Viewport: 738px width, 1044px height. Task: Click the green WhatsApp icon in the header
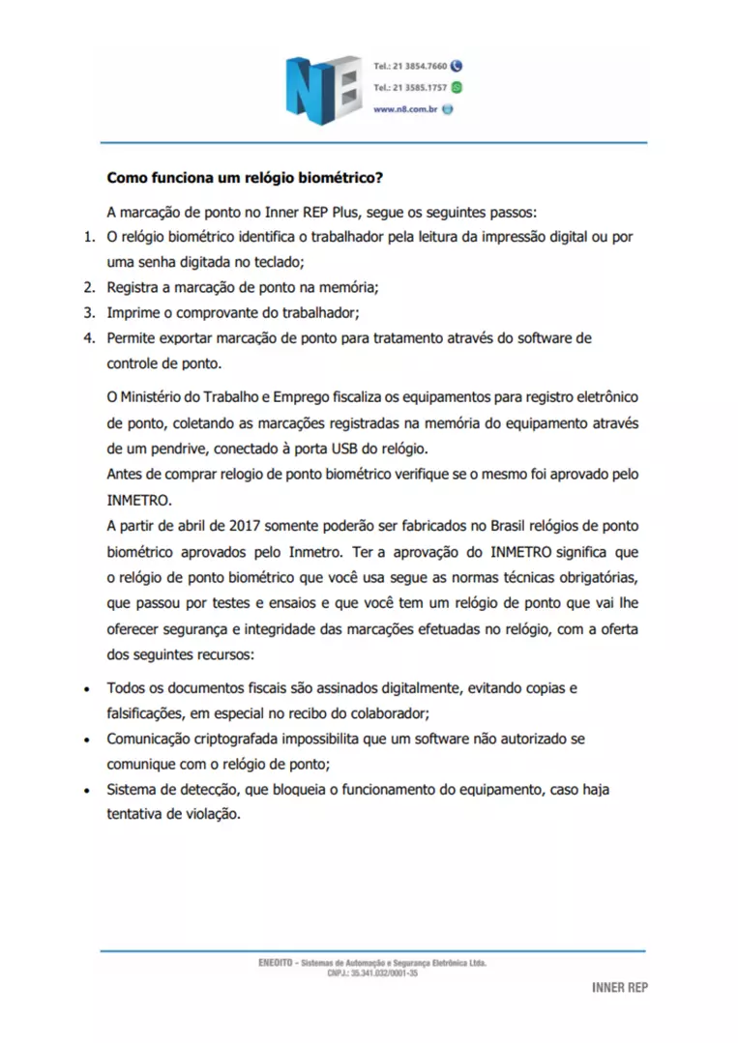[x=457, y=88]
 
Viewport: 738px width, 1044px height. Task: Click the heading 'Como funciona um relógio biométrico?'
[x=246, y=179]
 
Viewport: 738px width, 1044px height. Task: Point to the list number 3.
[x=87, y=312]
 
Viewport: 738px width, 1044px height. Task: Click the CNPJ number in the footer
[x=372, y=973]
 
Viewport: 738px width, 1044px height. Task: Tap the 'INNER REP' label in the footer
[x=619, y=988]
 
